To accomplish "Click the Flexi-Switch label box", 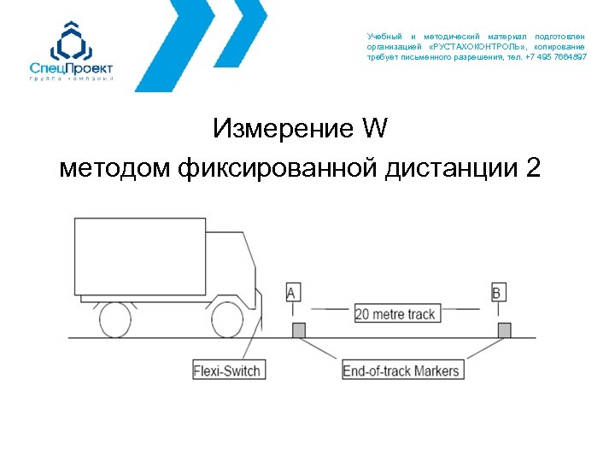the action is pyautogui.click(x=227, y=371).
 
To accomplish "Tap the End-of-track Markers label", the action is pyautogui.click(x=401, y=371).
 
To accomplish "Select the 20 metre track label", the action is pyautogui.click(x=395, y=313).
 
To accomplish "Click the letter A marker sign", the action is pyautogui.click(x=292, y=293).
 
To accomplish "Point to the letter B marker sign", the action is pyautogui.click(x=497, y=293).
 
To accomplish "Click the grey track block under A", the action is pyautogui.click(x=299, y=330).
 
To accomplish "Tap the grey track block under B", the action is pyautogui.click(x=505, y=330).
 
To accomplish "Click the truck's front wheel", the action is pyautogui.click(x=229, y=318).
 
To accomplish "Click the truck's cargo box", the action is pyautogui.click(x=140, y=256).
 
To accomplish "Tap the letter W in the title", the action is pyautogui.click(x=375, y=130).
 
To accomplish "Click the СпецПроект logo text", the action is pyautogui.click(x=71, y=67).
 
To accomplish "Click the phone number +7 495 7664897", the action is pyautogui.click(x=556, y=56).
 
